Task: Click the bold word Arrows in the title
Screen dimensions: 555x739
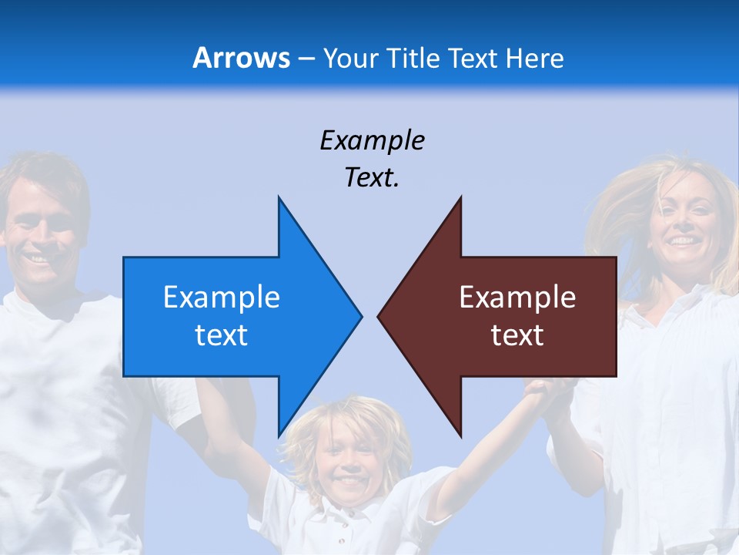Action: tap(242, 58)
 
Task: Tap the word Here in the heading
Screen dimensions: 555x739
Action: tap(535, 58)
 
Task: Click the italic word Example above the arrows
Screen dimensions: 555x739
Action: tap(372, 141)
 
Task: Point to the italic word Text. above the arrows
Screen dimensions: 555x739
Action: tap(372, 178)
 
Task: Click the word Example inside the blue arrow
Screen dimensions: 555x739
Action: tap(222, 298)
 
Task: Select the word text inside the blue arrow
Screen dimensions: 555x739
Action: tap(222, 335)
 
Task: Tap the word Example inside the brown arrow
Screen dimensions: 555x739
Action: tap(517, 298)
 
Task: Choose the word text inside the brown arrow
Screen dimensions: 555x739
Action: tap(517, 335)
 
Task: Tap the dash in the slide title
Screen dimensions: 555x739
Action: tap(306, 59)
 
